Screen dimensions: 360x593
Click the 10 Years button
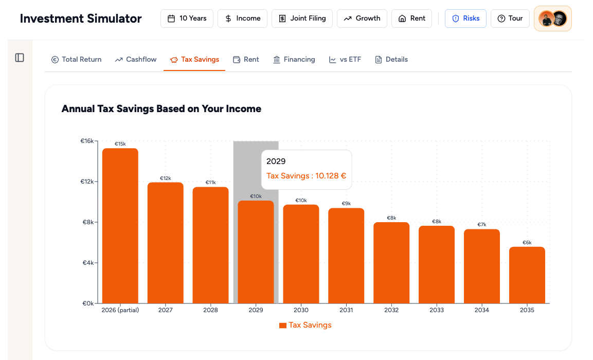point(187,19)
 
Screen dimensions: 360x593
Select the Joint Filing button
point(302,19)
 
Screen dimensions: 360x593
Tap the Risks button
point(465,19)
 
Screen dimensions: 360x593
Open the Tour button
point(510,19)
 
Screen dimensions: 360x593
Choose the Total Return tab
point(76,60)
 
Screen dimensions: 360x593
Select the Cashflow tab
point(136,60)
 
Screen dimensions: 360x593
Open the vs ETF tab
point(345,60)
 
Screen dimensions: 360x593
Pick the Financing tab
point(294,60)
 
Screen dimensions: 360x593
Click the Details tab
point(391,60)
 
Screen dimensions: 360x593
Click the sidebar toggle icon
point(20,58)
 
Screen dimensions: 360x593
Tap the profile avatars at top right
point(552,19)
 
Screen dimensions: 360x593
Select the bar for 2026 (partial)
point(120,226)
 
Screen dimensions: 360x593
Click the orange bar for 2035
point(527,275)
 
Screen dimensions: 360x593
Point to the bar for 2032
point(391,263)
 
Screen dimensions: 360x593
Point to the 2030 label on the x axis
point(301,310)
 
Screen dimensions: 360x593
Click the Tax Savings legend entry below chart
point(306,325)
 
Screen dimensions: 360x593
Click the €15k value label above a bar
point(120,144)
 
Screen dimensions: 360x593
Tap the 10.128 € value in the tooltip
point(331,176)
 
